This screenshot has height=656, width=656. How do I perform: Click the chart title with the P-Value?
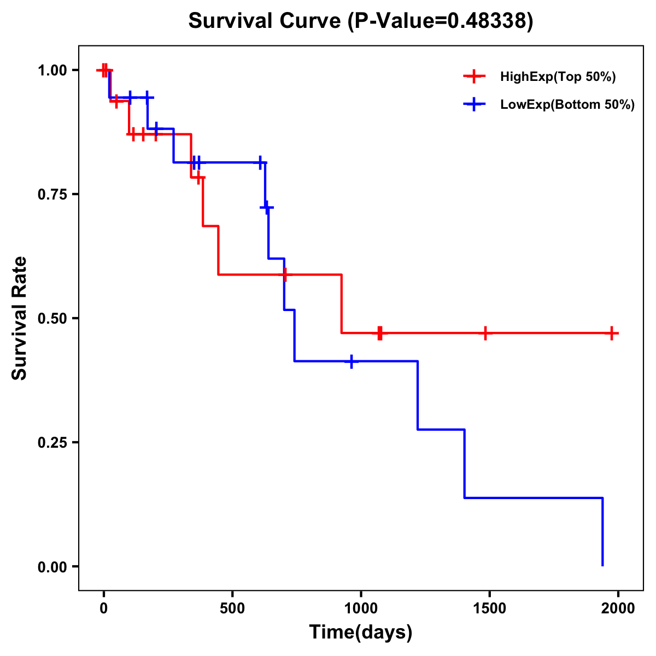[361, 21]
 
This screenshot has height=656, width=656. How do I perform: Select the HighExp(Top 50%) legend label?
[558, 77]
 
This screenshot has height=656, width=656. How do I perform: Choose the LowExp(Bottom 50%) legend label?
[567, 105]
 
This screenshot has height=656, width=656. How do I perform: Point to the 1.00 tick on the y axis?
[51, 70]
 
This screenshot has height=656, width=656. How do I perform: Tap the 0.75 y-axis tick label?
[51, 194]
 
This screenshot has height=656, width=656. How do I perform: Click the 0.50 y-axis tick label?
[51, 318]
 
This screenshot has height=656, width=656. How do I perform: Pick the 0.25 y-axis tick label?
[51, 442]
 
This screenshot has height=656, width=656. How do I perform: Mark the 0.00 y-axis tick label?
[51, 566]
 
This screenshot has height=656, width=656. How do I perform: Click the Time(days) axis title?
[361, 632]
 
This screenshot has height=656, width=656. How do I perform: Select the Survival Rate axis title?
[20, 318]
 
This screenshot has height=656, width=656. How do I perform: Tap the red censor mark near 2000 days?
[612, 333]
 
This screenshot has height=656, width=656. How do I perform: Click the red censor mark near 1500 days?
[485, 333]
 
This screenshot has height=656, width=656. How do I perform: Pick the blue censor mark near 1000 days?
[352, 361]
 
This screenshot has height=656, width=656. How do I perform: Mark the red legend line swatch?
[474, 77]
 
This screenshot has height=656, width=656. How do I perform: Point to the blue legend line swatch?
[474, 105]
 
